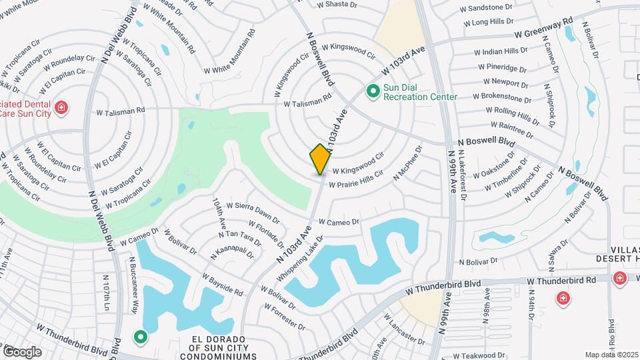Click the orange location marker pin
320,159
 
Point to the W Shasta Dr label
337,4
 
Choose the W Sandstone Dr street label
491,8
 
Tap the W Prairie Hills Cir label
357,179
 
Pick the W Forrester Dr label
284,316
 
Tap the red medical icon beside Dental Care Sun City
61,107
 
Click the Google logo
22,351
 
